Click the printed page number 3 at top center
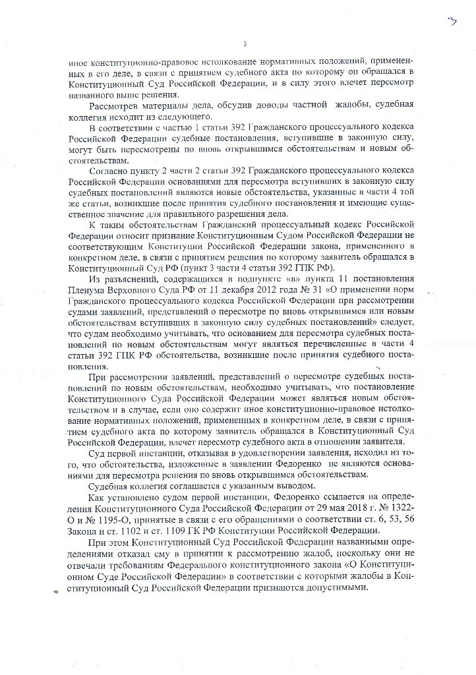[245, 45]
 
